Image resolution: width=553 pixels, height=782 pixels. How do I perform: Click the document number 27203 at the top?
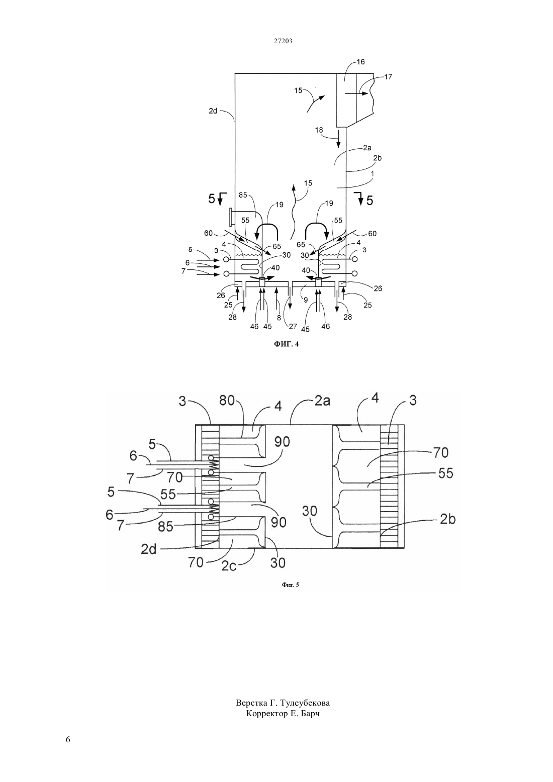click(x=283, y=41)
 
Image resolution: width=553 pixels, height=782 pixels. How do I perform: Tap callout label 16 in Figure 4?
click(x=360, y=62)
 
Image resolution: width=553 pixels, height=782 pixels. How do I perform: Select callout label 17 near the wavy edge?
click(x=388, y=77)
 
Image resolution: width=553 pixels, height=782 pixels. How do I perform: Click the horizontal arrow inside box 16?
click(x=355, y=93)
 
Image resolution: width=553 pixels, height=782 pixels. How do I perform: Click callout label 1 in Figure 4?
click(x=373, y=173)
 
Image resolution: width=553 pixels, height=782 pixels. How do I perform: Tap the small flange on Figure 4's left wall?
click(x=231, y=217)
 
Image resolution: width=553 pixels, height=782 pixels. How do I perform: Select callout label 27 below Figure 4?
click(x=293, y=326)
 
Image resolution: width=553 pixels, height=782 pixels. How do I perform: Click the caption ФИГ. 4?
click(x=286, y=344)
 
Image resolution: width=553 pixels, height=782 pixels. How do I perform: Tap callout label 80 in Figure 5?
click(x=227, y=401)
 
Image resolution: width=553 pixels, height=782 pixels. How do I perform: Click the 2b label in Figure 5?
click(x=447, y=520)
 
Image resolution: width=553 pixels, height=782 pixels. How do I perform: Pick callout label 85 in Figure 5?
click(x=165, y=527)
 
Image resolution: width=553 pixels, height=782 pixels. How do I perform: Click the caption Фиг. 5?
click(x=291, y=585)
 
